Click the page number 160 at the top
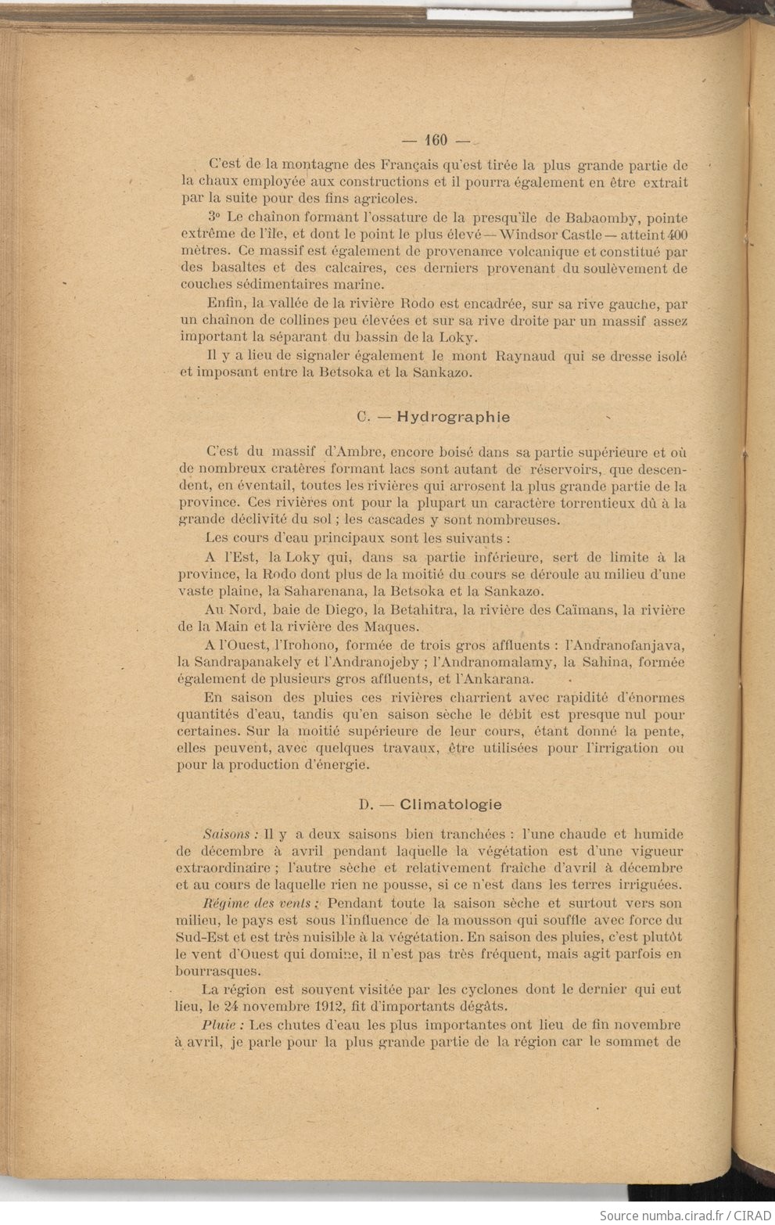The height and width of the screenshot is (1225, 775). [436, 140]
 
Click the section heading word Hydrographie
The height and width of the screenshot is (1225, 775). [454, 416]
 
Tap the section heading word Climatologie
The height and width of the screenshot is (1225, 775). [451, 804]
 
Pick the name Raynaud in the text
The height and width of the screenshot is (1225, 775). [526, 356]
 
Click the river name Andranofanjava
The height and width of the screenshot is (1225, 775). [624, 645]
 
